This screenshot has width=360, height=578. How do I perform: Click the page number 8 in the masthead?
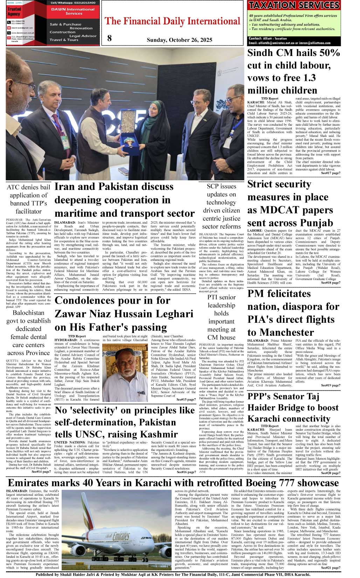(x=110, y=38)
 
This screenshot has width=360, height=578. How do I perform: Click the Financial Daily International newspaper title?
(x=173, y=21)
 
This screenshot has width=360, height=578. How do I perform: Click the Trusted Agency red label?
(x=14, y=12)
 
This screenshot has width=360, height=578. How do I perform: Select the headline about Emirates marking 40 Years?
(x=173, y=483)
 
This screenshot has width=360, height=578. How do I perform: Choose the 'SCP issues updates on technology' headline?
(x=221, y=206)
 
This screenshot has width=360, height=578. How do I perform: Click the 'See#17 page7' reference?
(x=330, y=173)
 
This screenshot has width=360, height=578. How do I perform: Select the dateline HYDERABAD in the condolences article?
(x=66, y=340)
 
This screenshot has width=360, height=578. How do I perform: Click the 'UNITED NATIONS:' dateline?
(x=70, y=443)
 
